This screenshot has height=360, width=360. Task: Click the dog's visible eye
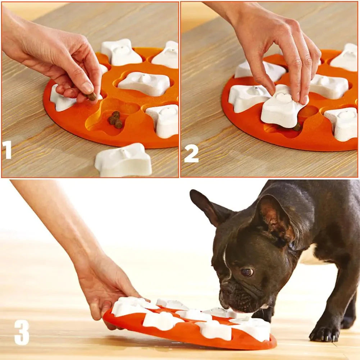pos(246,272)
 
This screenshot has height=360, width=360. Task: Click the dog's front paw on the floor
pos(324,333)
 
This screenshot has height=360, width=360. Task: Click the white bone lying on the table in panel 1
pos(123,161)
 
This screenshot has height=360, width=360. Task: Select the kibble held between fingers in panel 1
pos(92,96)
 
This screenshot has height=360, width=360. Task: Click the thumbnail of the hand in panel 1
pos(87,87)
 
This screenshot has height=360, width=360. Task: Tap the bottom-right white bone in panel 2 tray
pos(342,123)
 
